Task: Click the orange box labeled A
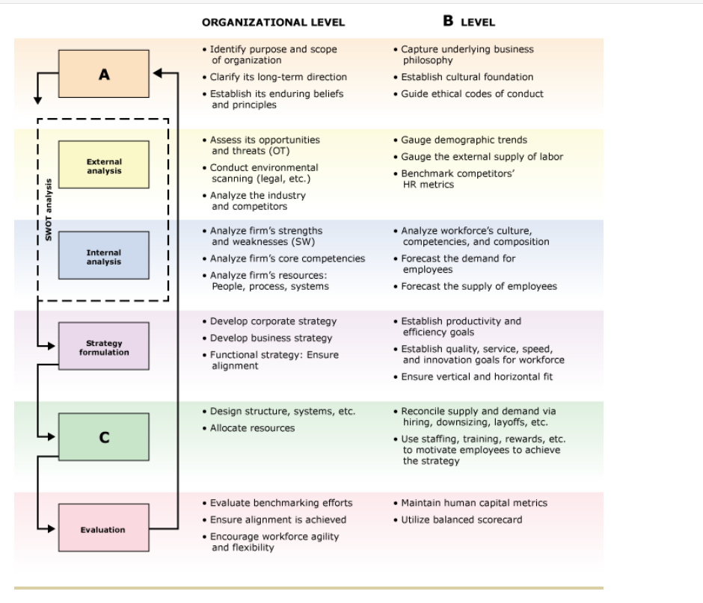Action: pyautogui.click(x=104, y=74)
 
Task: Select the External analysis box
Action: pyautogui.click(x=104, y=166)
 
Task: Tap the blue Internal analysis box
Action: pyautogui.click(x=104, y=257)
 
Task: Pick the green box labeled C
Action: pyautogui.click(x=104, y=438)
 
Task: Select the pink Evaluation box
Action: pyautogui.click(x=104, y=529)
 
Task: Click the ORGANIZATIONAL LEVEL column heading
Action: pyautogui.click(x=273, y=22)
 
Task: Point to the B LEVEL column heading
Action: pyautogui.click(x=469, y=22)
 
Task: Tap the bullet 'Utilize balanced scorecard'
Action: pyautogui.click(x=461, y=519)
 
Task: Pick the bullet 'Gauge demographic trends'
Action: pyautogui.click(x=464, y=140)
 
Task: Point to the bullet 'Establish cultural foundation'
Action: pyautogui.click(x=467, y=77)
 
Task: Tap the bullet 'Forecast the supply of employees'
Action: pyautogui.click(x=479, y=286)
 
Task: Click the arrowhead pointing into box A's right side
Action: pyautogui.click(x=157, y=73)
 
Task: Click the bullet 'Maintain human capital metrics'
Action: pyautogui.click(x=473, y=503)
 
